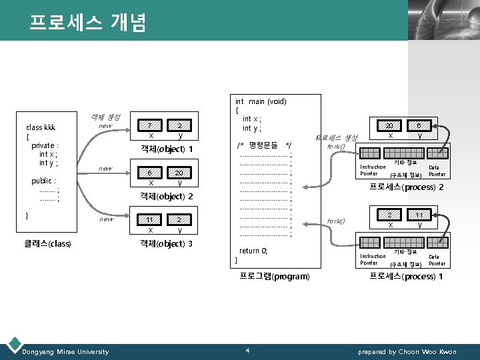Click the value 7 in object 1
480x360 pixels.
coord(150,125)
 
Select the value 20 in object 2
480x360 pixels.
coord(179,173)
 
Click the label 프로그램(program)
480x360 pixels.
coord(274,276)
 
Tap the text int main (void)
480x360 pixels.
coord(261,101)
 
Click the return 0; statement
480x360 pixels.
coord(253,251)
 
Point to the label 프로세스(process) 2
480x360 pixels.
coord(407,187)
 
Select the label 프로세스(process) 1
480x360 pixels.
coord(407,276)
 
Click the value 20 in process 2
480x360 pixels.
coord(390,125)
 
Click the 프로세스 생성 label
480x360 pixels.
coord(337,137)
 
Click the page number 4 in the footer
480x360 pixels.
coord(247,351)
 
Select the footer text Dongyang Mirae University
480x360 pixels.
coord(65,351)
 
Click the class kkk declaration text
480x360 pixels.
coord(40,127)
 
